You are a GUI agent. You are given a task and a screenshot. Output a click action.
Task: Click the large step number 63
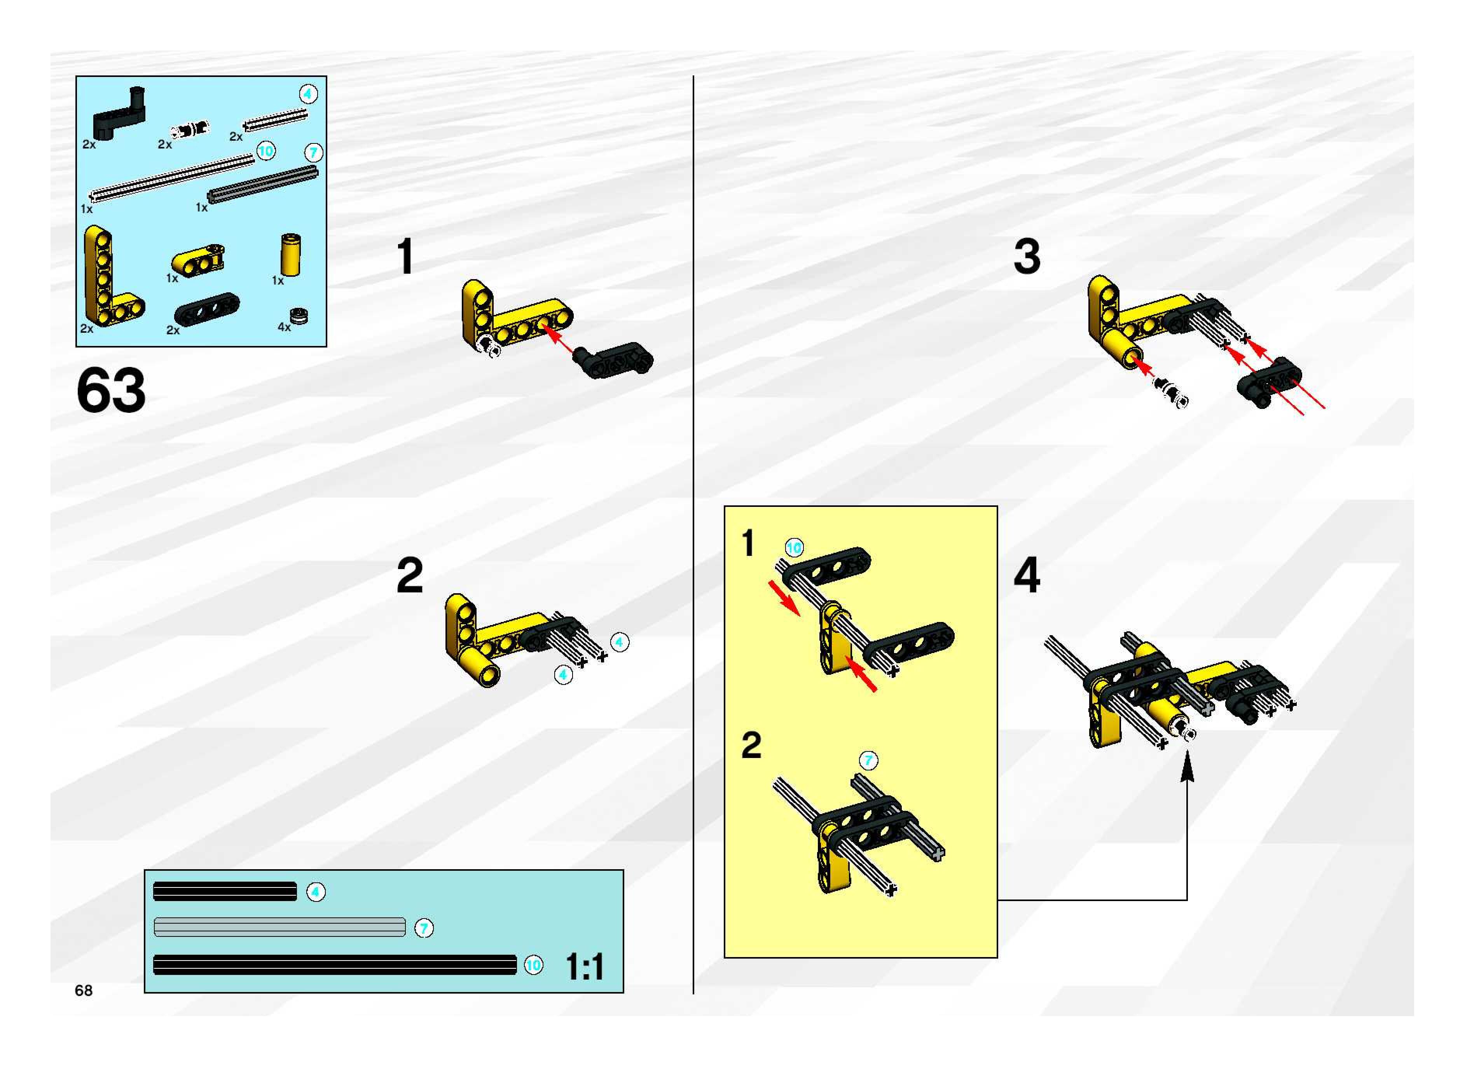(111, 391)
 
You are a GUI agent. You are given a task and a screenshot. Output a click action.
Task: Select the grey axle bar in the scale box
(279, 927)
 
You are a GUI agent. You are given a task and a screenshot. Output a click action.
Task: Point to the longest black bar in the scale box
(335, 965)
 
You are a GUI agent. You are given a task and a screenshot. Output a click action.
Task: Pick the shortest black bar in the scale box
(225, 892)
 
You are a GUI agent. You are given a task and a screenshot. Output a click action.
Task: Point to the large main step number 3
(1027, 257)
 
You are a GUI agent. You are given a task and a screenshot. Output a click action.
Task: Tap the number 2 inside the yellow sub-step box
(751, 746)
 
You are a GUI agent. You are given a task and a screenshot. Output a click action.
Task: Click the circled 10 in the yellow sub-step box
(794, 547)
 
